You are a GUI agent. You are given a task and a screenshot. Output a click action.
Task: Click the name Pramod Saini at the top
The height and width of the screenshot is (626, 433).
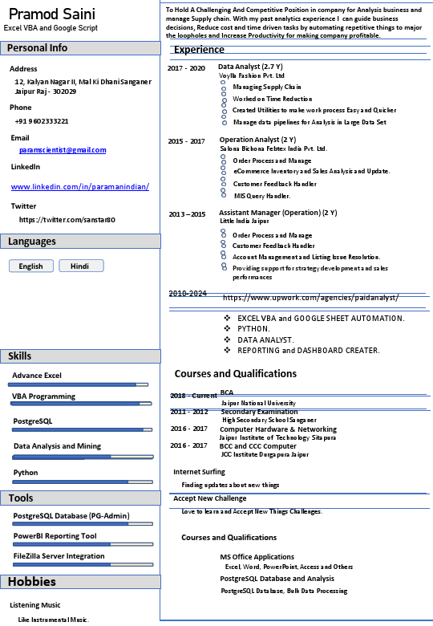coord(52,14)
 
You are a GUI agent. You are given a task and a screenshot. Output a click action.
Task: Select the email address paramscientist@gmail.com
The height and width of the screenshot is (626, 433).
coord(63,150)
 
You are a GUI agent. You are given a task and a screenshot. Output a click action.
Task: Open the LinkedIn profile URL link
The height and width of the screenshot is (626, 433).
coord(80,187)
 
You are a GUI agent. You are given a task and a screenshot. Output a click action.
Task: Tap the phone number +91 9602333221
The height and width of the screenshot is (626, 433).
coord(42,121)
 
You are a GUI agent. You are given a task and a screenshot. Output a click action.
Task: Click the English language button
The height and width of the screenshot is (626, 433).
coord(31,266)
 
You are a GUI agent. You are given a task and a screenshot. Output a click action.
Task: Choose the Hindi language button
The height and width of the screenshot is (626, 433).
coord(80,266)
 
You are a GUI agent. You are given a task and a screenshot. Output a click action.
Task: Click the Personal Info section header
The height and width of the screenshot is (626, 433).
coord(38,48)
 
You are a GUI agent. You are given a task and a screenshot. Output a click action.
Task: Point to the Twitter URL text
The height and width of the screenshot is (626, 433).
coord(67,220)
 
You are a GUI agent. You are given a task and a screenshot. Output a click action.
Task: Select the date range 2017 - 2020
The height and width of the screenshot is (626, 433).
coord(186,68)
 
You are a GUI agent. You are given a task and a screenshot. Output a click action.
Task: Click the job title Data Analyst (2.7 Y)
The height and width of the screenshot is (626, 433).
coord(250,66)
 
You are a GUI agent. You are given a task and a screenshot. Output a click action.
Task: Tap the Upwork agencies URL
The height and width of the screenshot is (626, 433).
coord(310,298)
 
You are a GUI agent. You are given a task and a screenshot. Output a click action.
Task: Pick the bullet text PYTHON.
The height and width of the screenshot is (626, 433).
coord(253,329)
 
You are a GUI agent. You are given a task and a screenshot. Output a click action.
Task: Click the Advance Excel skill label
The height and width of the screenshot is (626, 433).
coord(37,376)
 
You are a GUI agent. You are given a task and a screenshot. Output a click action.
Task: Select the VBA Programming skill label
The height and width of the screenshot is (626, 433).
coord(43,396)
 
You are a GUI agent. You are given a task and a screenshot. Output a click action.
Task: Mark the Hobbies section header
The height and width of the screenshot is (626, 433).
coord(33,582)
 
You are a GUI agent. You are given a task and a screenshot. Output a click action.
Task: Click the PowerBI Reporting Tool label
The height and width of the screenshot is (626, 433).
coord(55,536)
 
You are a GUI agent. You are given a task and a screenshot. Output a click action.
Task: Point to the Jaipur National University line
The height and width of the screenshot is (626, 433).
coord(258,403)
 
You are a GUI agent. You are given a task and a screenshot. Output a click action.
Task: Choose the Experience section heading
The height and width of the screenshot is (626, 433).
coord(199,50)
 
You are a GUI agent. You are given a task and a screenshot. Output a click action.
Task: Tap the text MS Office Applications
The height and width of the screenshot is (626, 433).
coord(257,557)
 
